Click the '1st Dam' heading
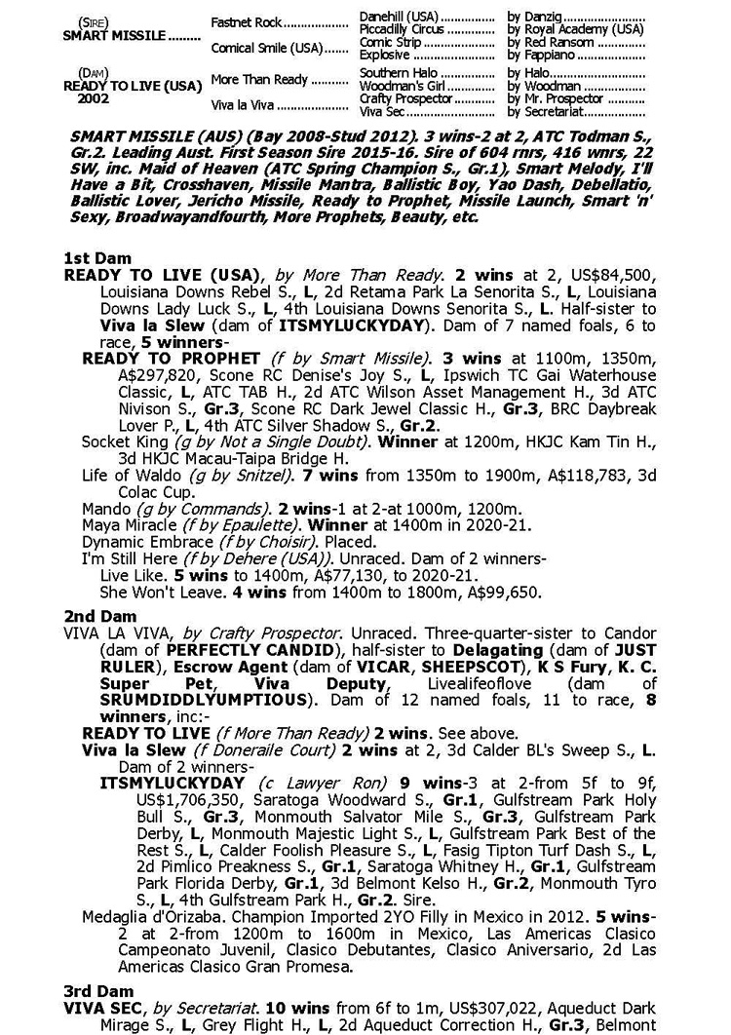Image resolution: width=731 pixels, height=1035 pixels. pos(96,258)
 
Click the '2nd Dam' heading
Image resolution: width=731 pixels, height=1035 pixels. pos(98,616)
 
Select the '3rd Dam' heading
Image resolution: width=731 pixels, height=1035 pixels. pos(97,990)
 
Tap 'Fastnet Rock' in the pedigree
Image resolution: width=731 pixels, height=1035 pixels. pos(246,21)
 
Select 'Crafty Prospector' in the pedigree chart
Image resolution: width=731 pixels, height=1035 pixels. pos(400,98)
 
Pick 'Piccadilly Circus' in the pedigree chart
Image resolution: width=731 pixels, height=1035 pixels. pos(399,29)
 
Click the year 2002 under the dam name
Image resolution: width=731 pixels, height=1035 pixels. pos(94,98)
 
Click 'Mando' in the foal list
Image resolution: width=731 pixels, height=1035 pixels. pos(104,509)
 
